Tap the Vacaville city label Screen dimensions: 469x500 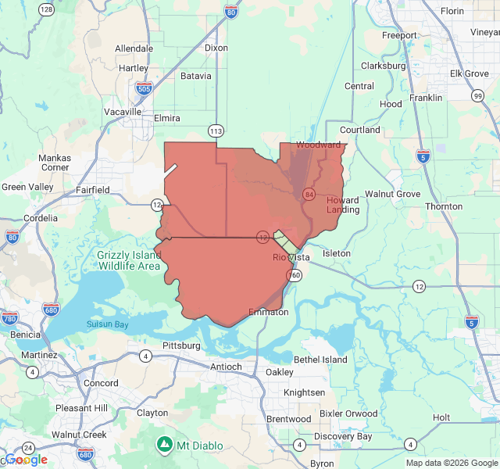(x=123, y=112)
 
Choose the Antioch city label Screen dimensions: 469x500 (x=226, y=367)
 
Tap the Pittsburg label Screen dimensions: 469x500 (x=181, y=345)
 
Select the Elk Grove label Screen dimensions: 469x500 (x=469, y=73)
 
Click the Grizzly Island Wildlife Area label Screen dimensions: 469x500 (x=129, y=260)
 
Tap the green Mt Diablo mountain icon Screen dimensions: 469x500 (x=164, y=446)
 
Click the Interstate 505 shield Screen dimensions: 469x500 (x=142, y=88)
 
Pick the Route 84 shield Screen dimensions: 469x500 (x=309, y=193)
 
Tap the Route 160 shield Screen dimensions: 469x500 (x=294, y=276)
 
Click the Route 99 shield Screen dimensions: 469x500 (x=477, y=95)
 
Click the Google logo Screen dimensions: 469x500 (x=26, y=459)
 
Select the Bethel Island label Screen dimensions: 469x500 (x=320, y=360)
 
